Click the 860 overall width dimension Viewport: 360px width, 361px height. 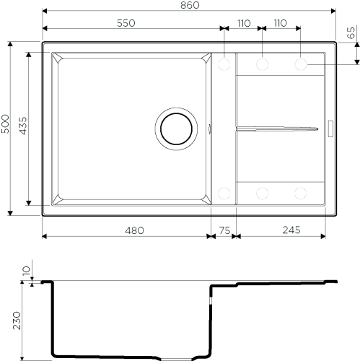coord(190,5)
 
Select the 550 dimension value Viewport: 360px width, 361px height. coord(126,23)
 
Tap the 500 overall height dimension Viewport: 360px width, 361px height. coord(5,123)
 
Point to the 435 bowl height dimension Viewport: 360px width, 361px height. coord(23,126)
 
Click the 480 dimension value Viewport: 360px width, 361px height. coord(134,230)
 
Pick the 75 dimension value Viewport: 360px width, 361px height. coord(225,230)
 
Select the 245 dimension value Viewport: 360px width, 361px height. coord(291,230)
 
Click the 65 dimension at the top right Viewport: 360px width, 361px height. coord(351,32)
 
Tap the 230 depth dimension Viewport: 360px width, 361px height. coord(17,321)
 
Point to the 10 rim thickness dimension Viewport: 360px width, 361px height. coord(27,271)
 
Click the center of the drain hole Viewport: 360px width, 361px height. coord(176,129)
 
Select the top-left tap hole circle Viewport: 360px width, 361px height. coord(224,64)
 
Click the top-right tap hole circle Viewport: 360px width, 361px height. coord(301,64)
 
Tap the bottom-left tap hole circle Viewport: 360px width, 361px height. coord(224,193)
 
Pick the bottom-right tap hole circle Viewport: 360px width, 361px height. coord(301,193)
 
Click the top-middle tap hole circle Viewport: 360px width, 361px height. coord(262,64)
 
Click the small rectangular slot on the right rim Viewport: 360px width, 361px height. coord(330,129)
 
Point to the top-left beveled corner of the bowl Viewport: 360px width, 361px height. coord(58,58)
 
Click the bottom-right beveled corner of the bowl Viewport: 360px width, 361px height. coord(206,199)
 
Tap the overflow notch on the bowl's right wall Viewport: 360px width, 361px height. coord(209,129)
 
